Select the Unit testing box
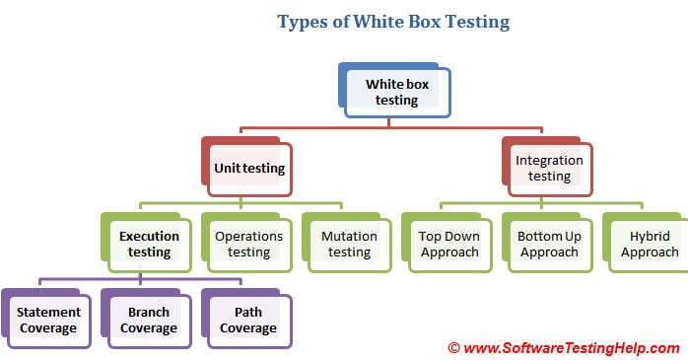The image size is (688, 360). coord(249,168)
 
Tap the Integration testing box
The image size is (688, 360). coord(549,168)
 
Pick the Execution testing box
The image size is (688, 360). coord(150,244)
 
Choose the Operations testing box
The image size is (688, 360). coord(249,244)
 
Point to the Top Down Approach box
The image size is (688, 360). coord(448,244)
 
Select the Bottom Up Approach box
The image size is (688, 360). coord(548,244)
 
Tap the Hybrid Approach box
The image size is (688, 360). coord(648,244)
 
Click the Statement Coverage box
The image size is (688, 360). coord(47,321)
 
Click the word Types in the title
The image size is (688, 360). coord(303,21)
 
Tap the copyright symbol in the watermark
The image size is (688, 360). coord(454,347)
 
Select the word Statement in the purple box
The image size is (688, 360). coord(48,313)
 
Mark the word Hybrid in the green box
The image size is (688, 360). coord(648,236)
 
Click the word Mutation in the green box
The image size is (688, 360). coord(349,236)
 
